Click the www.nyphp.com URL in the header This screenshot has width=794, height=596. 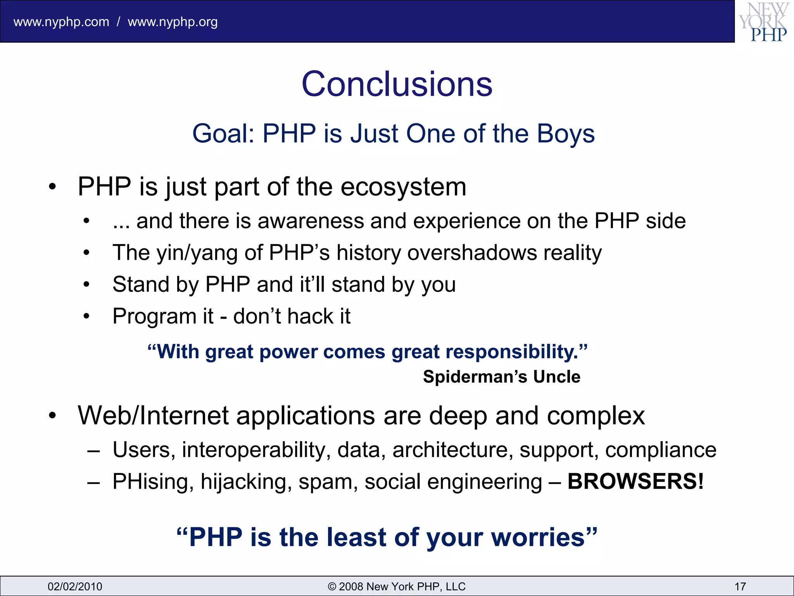(x=61, y=22)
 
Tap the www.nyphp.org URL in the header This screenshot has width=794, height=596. (x=173, y=22)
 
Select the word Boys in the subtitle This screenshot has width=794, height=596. (x=566, y=133)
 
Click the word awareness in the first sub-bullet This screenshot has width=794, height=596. (x=310, y=221)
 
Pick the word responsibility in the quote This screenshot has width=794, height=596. (x=511, y=352)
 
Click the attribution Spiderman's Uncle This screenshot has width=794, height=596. (x=501, y=377)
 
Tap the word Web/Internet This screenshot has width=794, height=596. (x=153, y=416)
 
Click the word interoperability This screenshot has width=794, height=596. (x=256, y=450)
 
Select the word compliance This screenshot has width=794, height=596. (x=660, y=450)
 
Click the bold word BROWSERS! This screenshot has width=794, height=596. (x=635, y=482)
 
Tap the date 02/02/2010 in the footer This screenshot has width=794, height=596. (x=75, y=586)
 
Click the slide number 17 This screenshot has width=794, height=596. (x=740, y=586)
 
